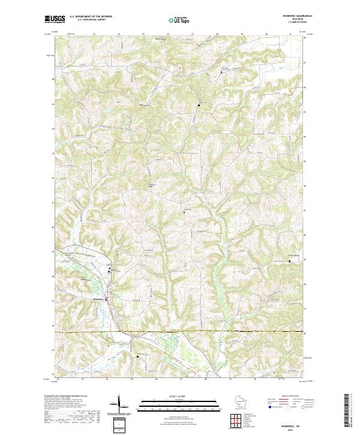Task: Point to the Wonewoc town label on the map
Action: [98, 299]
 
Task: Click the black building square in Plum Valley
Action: [137, 356]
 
